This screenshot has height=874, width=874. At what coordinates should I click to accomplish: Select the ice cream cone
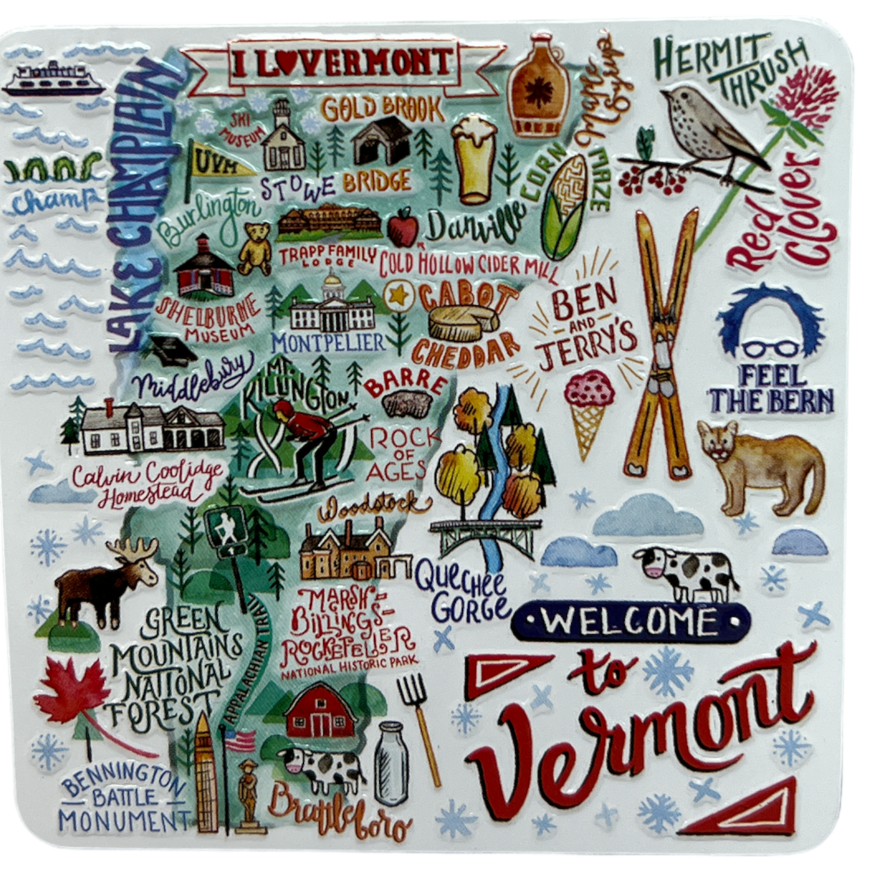coord(588,413)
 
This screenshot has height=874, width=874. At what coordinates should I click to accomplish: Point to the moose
coord(107,581)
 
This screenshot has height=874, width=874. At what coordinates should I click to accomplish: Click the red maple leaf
coord(72,691)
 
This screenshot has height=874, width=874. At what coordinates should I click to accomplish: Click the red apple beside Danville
coord(403,227)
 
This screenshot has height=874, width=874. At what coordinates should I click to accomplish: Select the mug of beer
coord(475,159)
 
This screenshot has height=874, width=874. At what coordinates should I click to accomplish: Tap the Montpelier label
coord(328,342)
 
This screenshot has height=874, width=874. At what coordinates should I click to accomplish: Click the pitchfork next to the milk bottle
coord(421,725)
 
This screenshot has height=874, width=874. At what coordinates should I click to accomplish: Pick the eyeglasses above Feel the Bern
coord(771,349)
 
